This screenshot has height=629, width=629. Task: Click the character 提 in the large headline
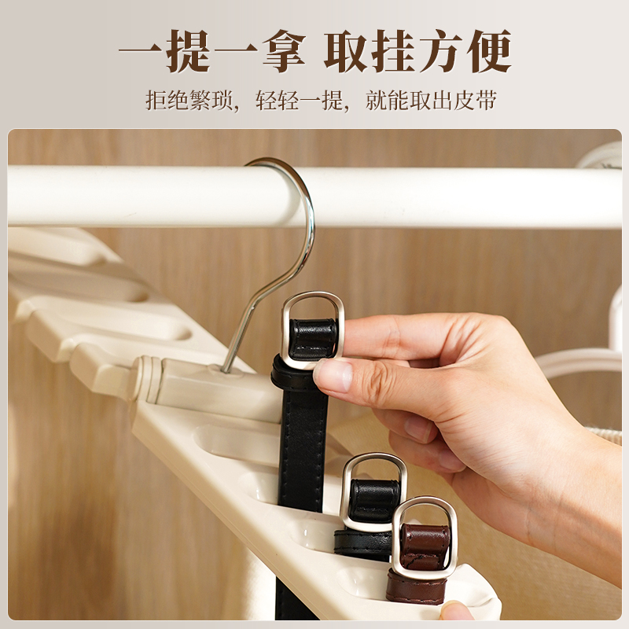click(x=188, y=51)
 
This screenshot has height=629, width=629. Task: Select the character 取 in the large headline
click(x=346, y=51)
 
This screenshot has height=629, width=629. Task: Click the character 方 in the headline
click(x=441, y=51)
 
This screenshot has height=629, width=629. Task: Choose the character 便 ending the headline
click(x=488, y=51)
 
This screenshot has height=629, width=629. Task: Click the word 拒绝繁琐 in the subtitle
click(x=189, y=100)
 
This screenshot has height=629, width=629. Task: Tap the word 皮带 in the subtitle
click(x=475, y=100)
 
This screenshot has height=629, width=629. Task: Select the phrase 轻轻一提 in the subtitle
click(x=300, y=100)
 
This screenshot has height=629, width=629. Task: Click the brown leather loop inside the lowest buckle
click(x=425, y=546)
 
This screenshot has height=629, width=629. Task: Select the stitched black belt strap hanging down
click(x=302, y=449)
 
